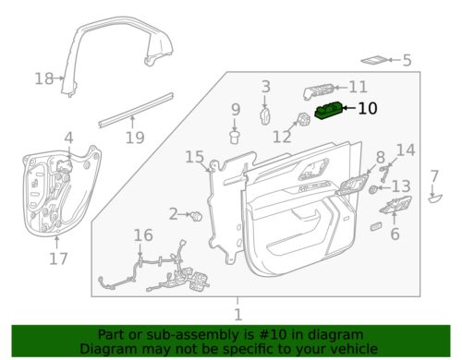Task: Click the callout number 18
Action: click(43, 79)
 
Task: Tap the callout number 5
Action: click(406, 61)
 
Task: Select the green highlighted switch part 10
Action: click(330, 112)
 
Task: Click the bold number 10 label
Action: click(367, 108)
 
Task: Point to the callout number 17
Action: click(58, 259)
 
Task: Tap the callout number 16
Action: click(141, 235)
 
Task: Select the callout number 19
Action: click(135, 138)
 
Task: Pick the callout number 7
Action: click(435, 175)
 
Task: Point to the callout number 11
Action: click(358, 87)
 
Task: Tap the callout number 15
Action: click(193, 157)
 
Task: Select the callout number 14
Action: click(406, 150)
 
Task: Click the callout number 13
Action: click(400, 187)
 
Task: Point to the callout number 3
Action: click(265, 87)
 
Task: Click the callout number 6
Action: click(395, 235)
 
